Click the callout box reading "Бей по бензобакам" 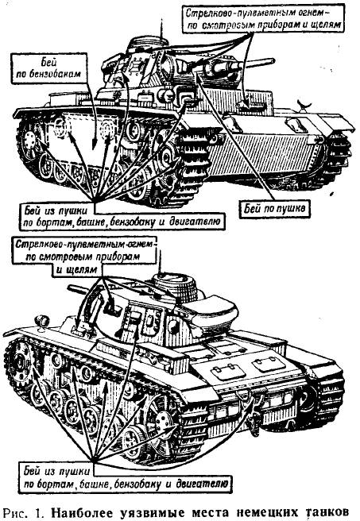[48, 68]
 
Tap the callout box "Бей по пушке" [275, 209]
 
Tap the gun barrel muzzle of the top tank [272, 61]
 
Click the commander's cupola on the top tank [149, 44]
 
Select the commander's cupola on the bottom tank [176, 286]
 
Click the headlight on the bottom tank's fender [42, 321]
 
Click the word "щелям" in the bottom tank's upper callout [76, 269]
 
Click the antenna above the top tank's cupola [161, 29]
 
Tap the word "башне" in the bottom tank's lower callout [95, 484]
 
